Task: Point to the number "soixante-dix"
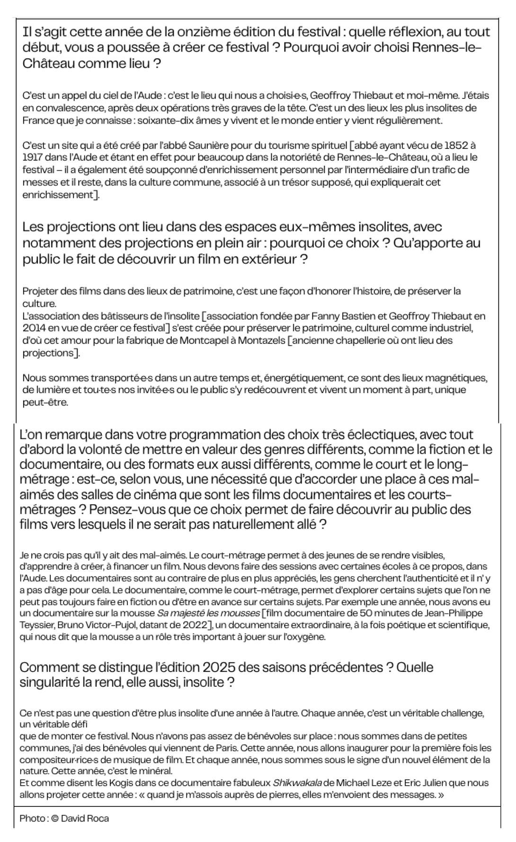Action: click(170, 120)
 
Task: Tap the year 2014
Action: click(33, 328)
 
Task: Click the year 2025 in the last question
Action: click(219, 668)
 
